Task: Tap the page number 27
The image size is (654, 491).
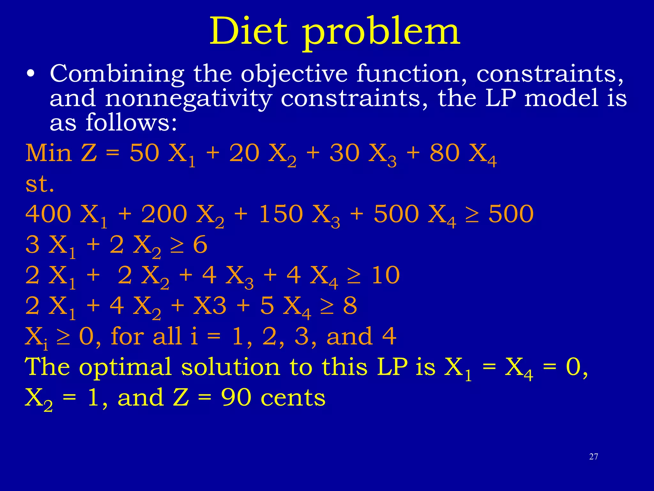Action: click(x=593, y=456)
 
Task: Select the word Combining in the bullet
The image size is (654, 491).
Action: click(x=117, y=74)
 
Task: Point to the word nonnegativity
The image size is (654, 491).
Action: click(x=188, y=98)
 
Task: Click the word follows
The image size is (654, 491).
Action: click(x=131, y=123)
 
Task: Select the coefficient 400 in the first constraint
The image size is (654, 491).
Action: click(x=48, y=214)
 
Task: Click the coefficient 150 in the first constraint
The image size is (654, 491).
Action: click(x=281, y=214)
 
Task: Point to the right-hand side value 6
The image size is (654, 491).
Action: click(x=200, y=245)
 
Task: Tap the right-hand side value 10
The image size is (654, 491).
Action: click(x=385, y=275)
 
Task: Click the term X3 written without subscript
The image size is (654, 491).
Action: click(x=210, y=306)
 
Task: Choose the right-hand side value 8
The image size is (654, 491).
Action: click(x=350, y=306)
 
